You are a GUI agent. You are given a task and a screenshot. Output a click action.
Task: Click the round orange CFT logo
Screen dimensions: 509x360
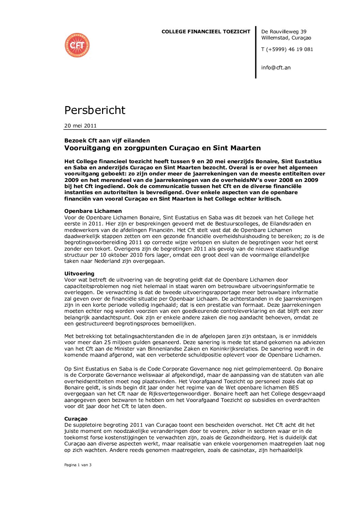[x=77, y=45]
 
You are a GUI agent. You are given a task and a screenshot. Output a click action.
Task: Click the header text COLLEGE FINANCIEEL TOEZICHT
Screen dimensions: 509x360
[x=206, y=32]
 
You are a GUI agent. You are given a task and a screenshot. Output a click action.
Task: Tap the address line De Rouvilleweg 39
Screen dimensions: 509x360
[x=284, y=32]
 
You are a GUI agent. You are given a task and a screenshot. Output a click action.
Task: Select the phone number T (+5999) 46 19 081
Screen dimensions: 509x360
[x=287, y=49]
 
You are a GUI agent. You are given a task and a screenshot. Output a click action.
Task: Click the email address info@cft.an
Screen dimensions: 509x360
[x=276, y=68]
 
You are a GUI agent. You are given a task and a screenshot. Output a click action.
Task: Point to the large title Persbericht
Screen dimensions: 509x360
[x=95, y=110]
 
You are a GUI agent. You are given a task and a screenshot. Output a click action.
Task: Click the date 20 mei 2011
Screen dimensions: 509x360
[x=81, y=126]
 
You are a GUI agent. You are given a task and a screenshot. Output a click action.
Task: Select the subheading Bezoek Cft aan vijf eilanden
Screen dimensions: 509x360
[x=107, y=140]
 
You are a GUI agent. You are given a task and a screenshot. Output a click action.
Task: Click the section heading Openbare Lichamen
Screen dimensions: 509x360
[x=93, y=211]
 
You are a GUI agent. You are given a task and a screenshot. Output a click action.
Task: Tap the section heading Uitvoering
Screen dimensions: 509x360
[x=79, y=274]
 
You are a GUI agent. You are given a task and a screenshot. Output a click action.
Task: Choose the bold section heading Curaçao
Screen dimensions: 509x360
[x=76, y=419]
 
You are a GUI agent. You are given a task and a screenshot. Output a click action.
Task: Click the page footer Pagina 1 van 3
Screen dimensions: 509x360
[x=78, y=465]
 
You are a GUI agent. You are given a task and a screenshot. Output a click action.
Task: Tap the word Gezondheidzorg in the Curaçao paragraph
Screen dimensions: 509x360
[x=288, y=438]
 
